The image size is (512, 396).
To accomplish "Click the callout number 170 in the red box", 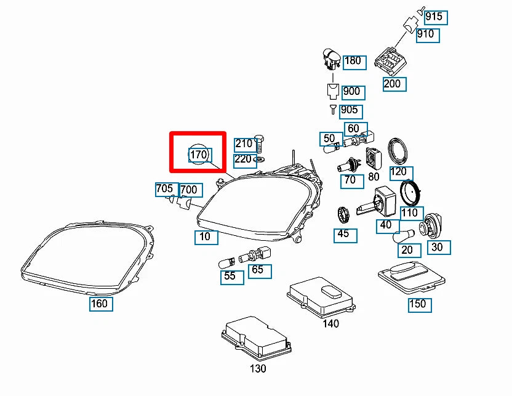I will coord(199,155).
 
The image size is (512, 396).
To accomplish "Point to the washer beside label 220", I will coord(259,160).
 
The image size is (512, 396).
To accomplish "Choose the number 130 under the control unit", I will coord(258,368).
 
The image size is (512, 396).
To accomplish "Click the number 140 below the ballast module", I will coord(330,323).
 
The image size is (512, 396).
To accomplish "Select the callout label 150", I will coord(418,304).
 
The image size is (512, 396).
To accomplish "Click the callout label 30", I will coord(438,248).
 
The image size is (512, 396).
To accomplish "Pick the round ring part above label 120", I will coord(400,151).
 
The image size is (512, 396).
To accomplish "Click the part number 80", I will coord(374,176).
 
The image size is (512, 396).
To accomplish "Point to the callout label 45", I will coord(343,234).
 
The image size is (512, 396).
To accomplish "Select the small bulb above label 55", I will coord(225,264).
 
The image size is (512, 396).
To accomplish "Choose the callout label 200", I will coord(392,84).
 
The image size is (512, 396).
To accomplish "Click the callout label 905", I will coord(349,111).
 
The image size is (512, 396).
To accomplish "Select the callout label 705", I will coord(164,189).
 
